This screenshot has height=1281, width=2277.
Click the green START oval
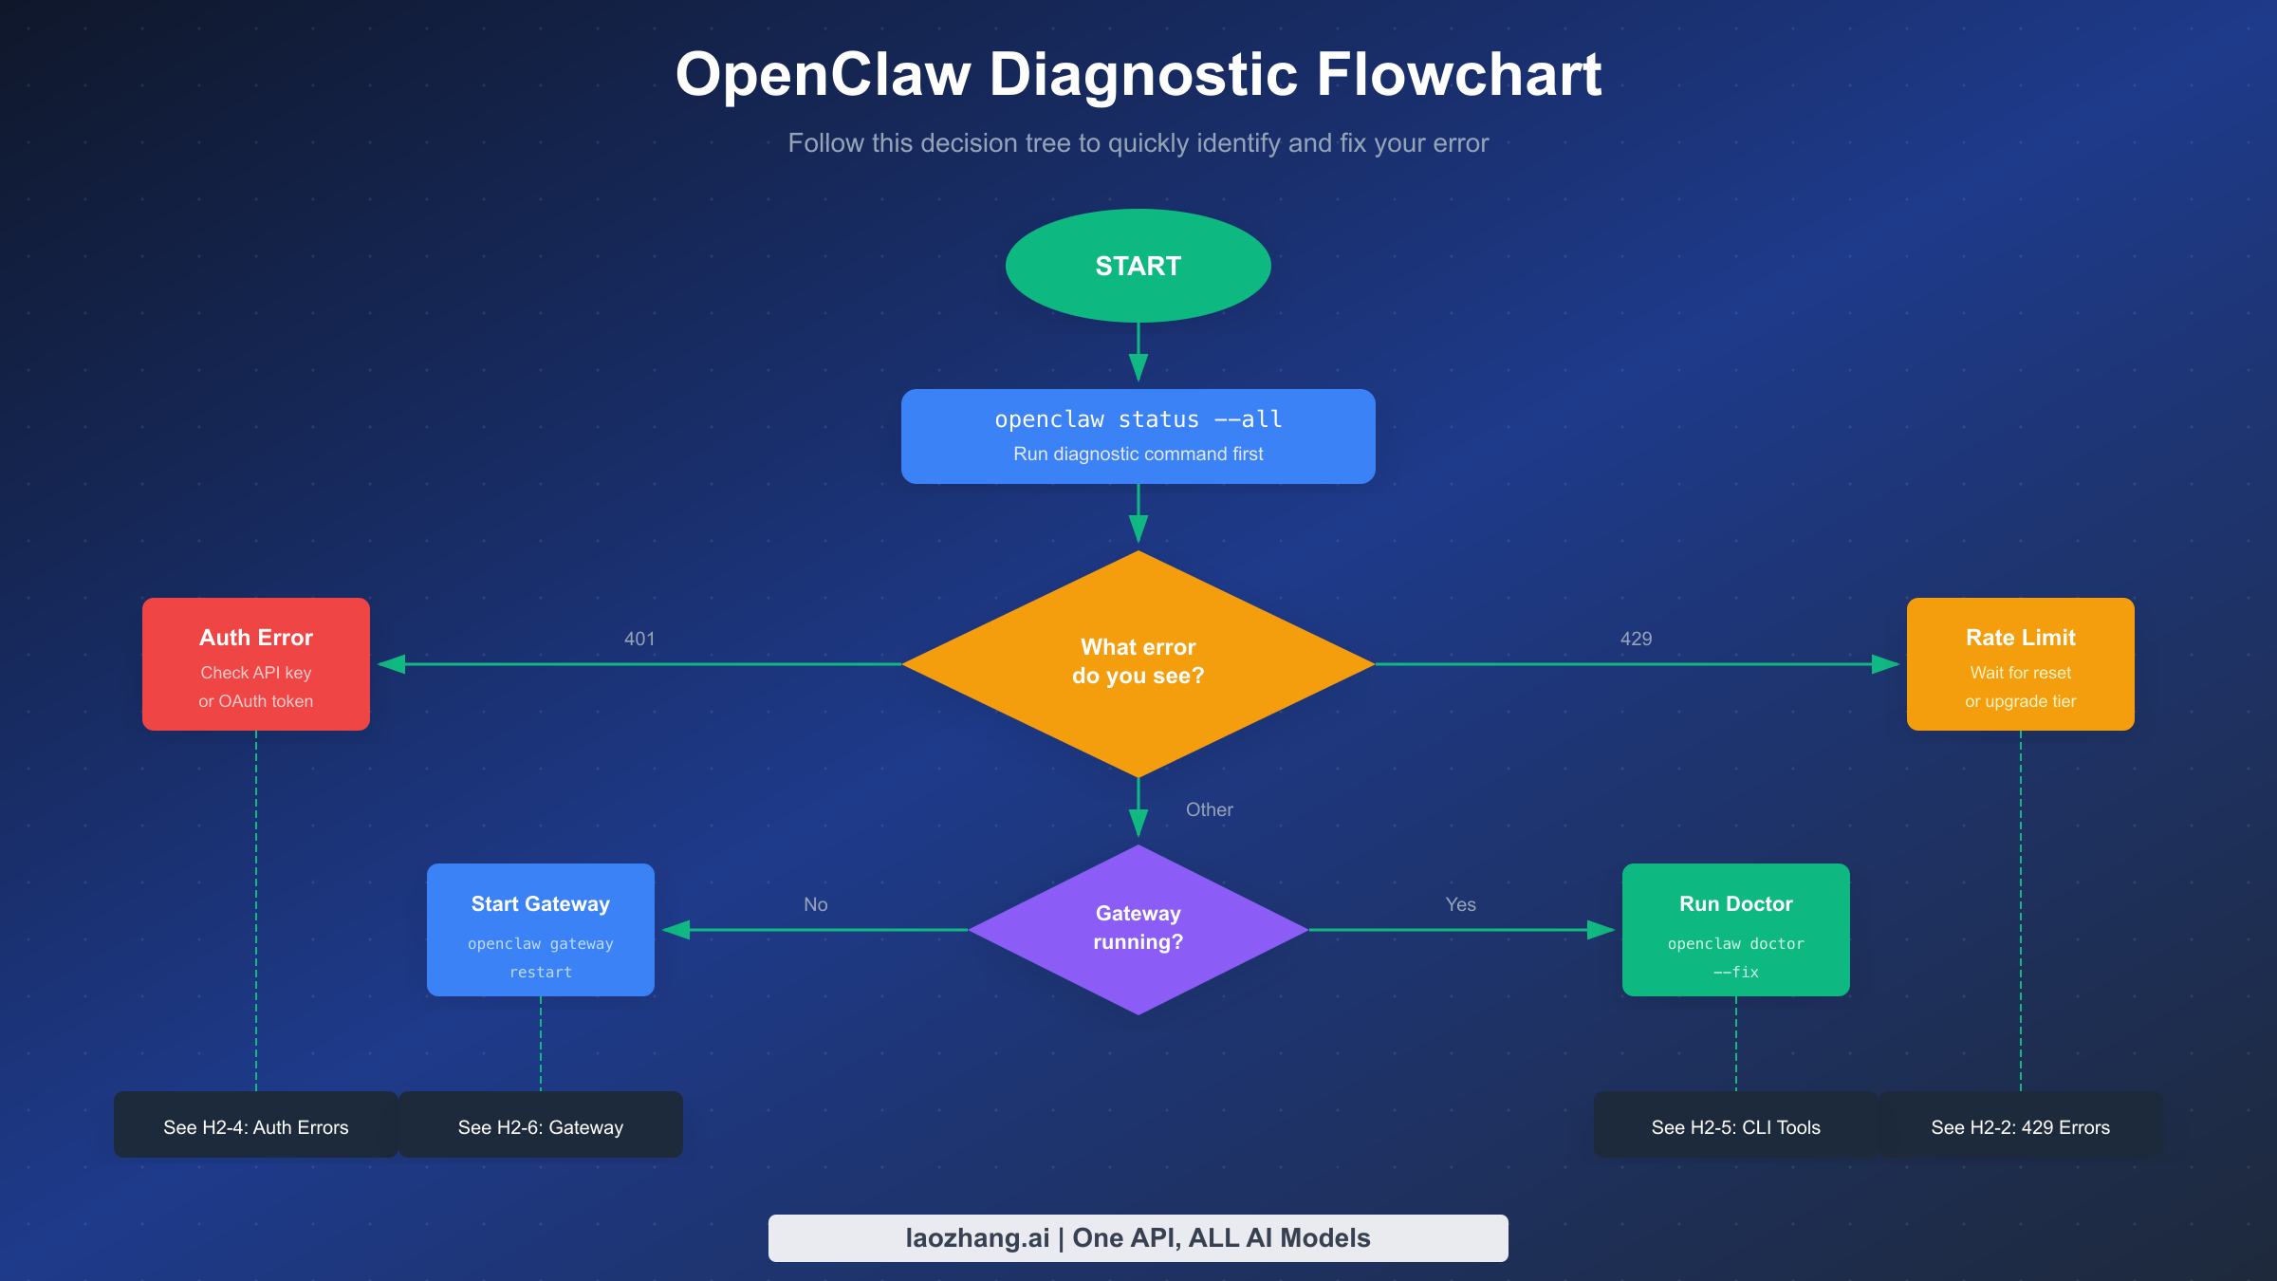coord(1138,266)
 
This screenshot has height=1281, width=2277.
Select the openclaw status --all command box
coord(1138,436)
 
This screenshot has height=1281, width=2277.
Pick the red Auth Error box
coord(256,664)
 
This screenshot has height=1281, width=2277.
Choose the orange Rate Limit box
coord(2020,664)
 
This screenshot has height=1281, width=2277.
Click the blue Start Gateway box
coord(541,929)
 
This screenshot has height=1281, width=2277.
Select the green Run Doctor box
coord(1735,929)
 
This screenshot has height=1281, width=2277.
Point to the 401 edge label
coord(639,639)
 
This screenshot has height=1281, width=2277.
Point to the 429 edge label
coord(1636,639)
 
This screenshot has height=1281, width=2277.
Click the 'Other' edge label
coord(1209,809)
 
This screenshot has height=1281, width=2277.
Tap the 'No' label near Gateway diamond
coord(815,904)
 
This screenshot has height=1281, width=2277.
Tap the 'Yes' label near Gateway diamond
coord(1460,904)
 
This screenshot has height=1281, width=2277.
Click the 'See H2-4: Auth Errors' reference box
coord(256,1125)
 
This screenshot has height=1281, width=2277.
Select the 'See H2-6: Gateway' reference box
coord(541,1125)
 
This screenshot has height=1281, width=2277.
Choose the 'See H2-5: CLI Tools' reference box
coord(1735,1125)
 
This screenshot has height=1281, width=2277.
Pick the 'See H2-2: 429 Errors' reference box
coord(2020,1125)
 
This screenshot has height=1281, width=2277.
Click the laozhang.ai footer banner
coord(1138,1237)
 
